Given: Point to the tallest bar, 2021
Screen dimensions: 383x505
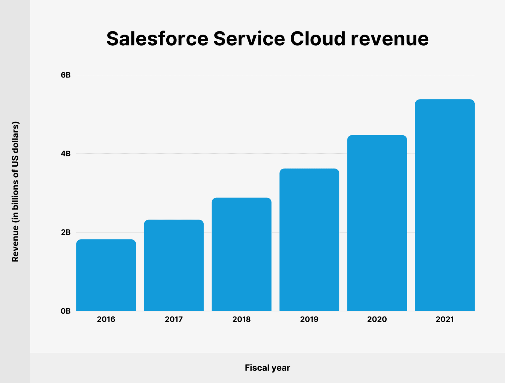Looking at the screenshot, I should pyautogui.click(x=445, y=205).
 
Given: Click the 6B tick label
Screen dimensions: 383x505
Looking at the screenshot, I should pyautogui.click(x=66, y=75).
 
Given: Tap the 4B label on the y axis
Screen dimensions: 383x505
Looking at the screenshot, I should pyautogui.click(x=66, y=154).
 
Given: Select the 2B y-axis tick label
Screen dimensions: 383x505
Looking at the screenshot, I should pyautogui.click(x=66, y=232).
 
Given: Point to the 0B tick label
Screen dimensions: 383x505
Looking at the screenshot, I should pyautogui.click(x=66, y=311).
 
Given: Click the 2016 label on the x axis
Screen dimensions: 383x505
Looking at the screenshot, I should pyautogui.click(x=106, y=319).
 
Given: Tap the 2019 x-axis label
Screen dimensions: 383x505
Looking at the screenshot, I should pyautogui.click(x=309, y=319).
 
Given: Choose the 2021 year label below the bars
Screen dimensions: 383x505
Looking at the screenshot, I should pyautogui.click(x=445, y=319).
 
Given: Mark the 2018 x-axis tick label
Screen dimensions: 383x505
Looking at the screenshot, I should pyautogui.click(x=241, y=319).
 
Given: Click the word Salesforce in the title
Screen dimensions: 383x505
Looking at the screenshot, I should pyautogui.click(x=157, y=39).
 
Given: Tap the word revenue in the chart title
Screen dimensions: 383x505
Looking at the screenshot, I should pyautogui.click(x=389, y=39).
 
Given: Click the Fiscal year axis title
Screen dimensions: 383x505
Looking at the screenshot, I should pyautogui.click(x=267, y=368).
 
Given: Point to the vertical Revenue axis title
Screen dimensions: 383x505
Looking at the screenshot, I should pyautogui.click(x=15, y=191).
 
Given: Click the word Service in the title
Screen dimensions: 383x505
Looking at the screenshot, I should pyautogui.click(x=249, y=39).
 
